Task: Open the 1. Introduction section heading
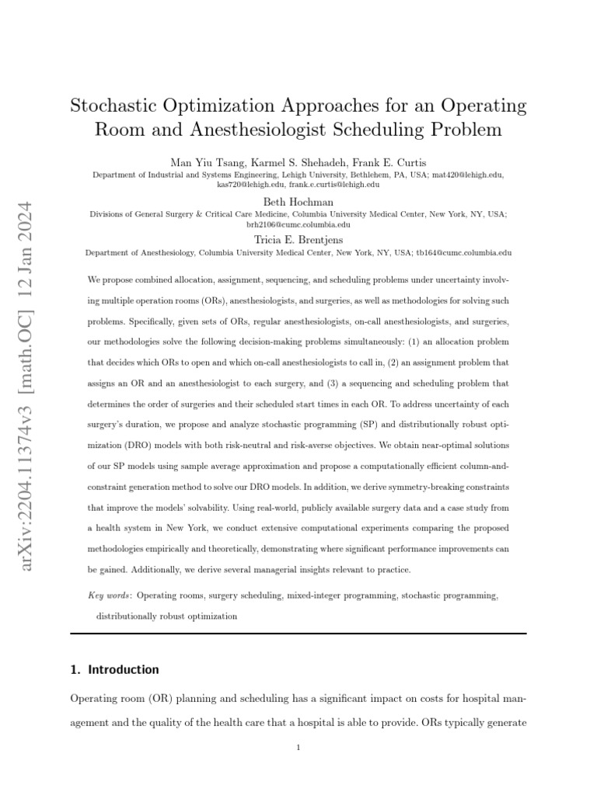point(114,669)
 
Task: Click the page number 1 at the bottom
point(298,748)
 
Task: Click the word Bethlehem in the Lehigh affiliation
point(360,175)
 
